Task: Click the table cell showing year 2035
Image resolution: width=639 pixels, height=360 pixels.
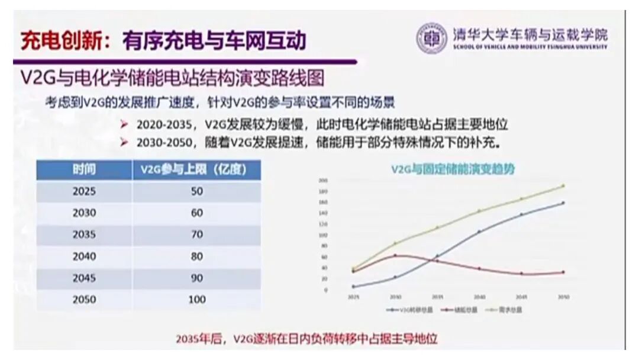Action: click(84, 234)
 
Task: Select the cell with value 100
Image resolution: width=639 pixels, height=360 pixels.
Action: click(196, 300)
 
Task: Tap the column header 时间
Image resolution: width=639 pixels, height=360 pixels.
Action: click(84, 170)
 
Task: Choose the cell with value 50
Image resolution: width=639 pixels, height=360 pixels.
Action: click(196, 191)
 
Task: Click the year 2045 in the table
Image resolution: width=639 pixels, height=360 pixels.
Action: click(84, 278)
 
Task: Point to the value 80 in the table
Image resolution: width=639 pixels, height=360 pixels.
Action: click(196, 256)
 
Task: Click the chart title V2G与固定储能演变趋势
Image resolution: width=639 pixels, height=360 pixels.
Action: click(453, 169)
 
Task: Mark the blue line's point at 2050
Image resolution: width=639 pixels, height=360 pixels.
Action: click(563, 203)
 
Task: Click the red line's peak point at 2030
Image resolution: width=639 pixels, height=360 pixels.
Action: click(395, 255)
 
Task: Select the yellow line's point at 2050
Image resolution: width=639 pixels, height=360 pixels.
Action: click(563, 186)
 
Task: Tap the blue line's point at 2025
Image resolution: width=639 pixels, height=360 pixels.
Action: click(353, 287)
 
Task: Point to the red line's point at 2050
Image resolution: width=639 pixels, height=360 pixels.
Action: click(563, 272)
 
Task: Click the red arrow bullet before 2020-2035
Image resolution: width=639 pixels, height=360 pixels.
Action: click(124, 125)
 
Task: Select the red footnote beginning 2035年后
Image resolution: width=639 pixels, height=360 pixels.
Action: click(306, 339)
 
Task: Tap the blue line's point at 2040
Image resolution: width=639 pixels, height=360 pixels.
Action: click(479, 232)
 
